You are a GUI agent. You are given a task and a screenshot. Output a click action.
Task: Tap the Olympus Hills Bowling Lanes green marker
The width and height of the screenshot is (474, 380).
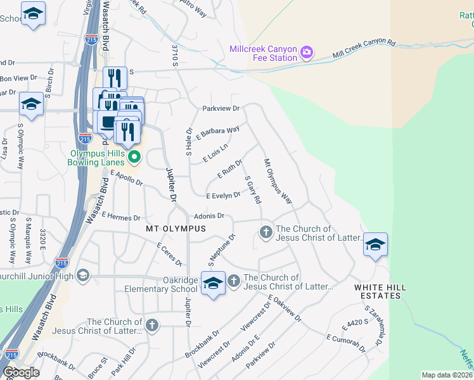pyautogui.click(x=133, y=156)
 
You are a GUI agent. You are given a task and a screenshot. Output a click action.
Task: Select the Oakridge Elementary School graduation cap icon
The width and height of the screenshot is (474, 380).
pyautogui.click(x=214, y=282)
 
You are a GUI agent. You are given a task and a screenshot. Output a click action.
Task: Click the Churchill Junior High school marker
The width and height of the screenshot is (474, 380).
pyautogui.click(x=82, y=275)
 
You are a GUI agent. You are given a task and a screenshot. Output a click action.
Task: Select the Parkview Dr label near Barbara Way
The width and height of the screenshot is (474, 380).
pyautogui.click(x=221, y=108)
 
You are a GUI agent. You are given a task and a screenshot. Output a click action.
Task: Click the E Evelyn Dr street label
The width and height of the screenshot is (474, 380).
pyautogui.click(x=223, y=196)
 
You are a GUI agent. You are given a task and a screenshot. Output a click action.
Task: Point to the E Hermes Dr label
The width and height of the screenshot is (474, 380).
pyautogui.click(x=120, y=217)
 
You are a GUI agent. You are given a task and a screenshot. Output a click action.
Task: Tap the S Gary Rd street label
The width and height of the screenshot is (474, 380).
pyautogui.click(x=253, y=190)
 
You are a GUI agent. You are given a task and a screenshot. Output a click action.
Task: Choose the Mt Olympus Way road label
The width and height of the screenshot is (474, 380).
pyautogui.click(x=278, y=180)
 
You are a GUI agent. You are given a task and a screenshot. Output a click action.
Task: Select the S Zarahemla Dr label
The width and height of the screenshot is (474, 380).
pyautogui.click(x=373, y=326)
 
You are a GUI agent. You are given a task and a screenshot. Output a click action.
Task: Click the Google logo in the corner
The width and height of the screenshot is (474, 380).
pyautogui.click(x=21, y=372)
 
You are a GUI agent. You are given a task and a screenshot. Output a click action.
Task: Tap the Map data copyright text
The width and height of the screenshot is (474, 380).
pyautogui.click(x=446, y=375)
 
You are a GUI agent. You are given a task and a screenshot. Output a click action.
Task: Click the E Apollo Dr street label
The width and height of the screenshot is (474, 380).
pyautogui.click(x=127, y=177)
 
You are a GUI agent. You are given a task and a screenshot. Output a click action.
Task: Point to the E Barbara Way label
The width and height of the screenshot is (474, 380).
pyautogui.click(x=217, y=134)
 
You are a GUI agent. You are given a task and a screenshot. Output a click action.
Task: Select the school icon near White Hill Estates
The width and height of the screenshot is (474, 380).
pyautogui.click(x=375, y=244)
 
